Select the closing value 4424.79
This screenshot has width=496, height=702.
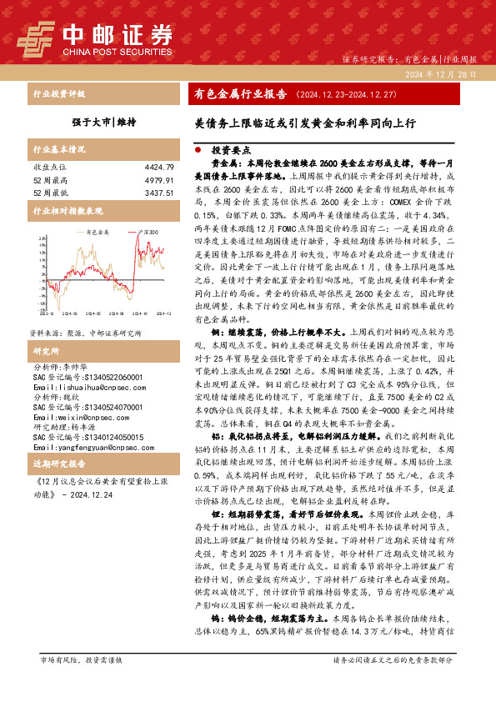pos(158,168)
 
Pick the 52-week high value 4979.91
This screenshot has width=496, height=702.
pos(158,180)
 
